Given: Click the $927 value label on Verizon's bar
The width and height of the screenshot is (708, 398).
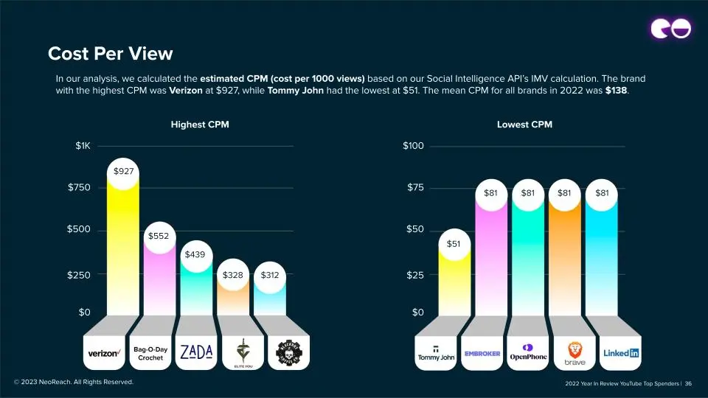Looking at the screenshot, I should pyautogui.click(x=124, y=172).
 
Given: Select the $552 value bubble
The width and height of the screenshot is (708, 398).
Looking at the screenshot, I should pyautogui.click(x=159, y=237).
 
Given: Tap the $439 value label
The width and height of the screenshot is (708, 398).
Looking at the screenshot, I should pyautogui.click(x=195, y=255).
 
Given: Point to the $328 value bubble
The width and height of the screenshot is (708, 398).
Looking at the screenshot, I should pyautogui.click(x=233, y=276).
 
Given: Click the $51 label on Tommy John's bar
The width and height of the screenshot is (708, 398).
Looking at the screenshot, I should pyautogui.click(x=454, y=243).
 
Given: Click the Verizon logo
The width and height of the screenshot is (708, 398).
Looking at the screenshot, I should pyautogui.click(x=104, y=353).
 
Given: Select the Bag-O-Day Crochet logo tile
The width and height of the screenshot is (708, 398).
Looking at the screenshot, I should pyautogui.click(x=150, y=353).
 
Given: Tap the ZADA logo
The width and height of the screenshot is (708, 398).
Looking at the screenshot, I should pyautogui.click(x=197, y=352).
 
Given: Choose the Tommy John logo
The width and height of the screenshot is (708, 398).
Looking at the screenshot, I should pyautogui.click(x=436, y=353).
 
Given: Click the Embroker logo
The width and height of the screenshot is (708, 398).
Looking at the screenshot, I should pyautogui.click(x=482, y=354).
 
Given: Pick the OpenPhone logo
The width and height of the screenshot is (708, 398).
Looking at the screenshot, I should pyautogui.click(x=528, y=352).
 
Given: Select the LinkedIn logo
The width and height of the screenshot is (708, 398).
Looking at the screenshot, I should pyautogui.click(x=621, y=353).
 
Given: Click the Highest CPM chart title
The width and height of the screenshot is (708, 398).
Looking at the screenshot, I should pyautogui.click(x=200, y=125).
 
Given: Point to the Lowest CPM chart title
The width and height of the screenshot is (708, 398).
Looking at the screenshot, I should pyautogui.click(x=524, y=125).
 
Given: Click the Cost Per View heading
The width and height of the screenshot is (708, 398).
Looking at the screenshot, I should pyautogui.click(x=110, y=54).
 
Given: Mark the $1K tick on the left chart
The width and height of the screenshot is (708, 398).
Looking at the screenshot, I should pyautogui.click(x=83, y=146).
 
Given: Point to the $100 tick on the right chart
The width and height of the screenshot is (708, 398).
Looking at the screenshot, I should pyautogui.click(x=413, y=146).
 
